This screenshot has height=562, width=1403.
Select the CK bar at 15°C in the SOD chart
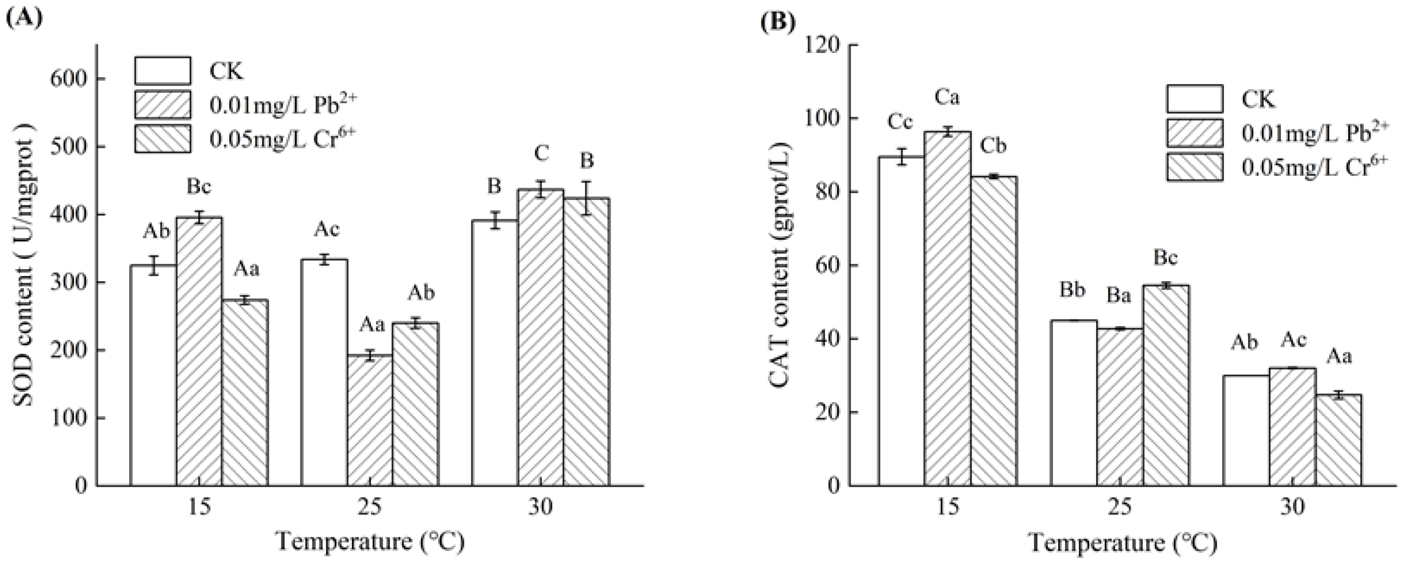coord(153,376)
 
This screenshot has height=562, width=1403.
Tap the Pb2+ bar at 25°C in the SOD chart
coord(370,420)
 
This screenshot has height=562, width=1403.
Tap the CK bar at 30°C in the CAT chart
coord(1246,430)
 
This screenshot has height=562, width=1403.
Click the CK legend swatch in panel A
coord(163,71)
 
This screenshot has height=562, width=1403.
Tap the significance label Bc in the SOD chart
coord(198,187)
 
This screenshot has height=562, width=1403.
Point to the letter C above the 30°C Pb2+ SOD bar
coord(541,154)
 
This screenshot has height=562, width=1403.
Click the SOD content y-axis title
coord(23,272)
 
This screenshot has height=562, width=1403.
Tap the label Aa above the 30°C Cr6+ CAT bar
coord(1338,357)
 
